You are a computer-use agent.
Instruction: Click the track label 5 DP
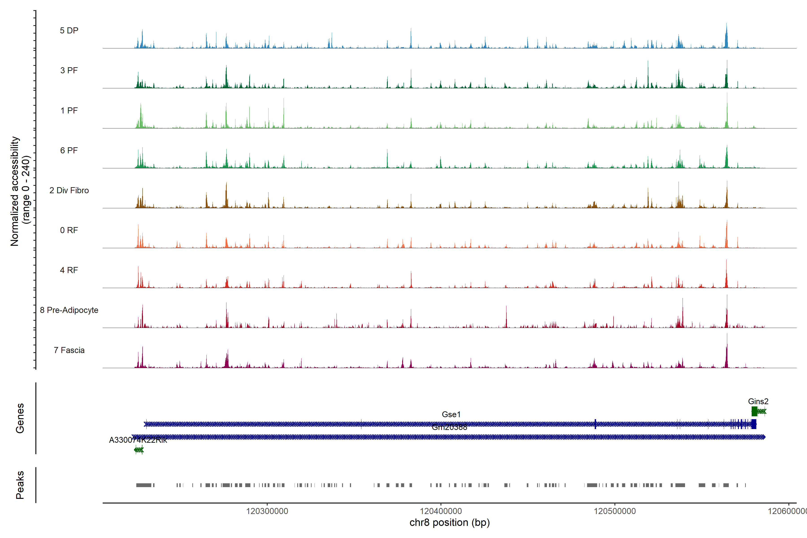pos(69,30)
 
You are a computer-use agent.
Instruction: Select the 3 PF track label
pos(69,70)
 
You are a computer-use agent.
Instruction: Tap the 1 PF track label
pos(69,111)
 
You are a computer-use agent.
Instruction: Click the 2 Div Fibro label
pos(69,190)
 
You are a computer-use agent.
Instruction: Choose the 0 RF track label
pos(69,230)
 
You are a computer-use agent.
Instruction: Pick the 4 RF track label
pos(69,270)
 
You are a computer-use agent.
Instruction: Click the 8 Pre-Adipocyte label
pos(69,310)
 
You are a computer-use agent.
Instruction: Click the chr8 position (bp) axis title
pos(449,523)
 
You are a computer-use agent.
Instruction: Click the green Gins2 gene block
pos(754,411)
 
